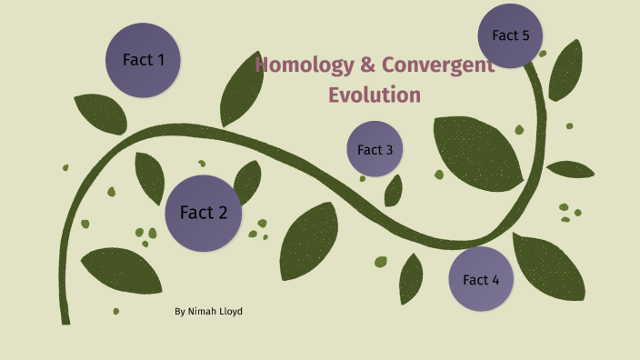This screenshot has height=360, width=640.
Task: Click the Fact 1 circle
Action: (144, 61)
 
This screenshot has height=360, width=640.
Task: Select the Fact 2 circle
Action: (204, 213)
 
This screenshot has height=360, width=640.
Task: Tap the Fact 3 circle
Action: (375, 149)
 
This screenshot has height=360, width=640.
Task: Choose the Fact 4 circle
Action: (481, 279)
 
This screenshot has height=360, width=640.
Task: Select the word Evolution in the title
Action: (375, 94)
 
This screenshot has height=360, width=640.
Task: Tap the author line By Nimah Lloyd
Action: (208, 312)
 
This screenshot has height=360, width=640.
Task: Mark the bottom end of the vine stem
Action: (65, 319)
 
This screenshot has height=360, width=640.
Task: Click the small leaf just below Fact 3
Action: (394, 190)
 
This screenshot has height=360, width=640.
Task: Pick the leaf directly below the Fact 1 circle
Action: (101, 114)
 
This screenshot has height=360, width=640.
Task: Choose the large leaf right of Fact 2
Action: (308, 239)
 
